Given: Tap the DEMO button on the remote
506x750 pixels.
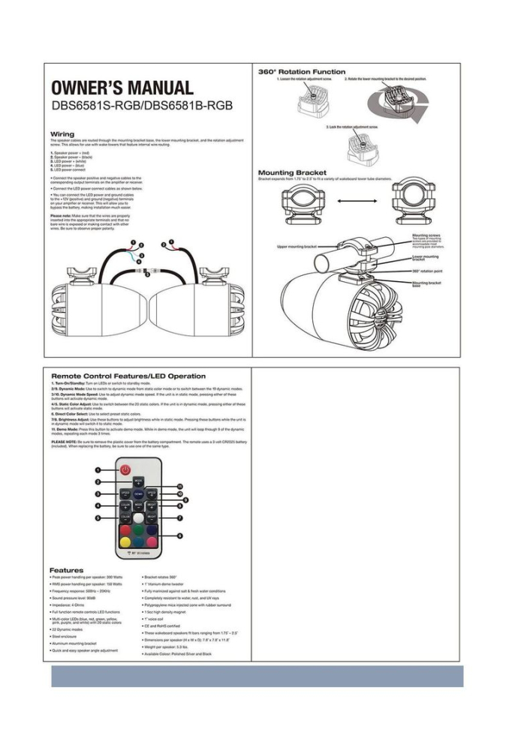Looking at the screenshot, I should (x=139, y=494).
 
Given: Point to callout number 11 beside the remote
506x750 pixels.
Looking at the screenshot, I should (x=179, y=486).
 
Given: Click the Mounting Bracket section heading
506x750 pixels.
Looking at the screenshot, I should (x=287, y=173).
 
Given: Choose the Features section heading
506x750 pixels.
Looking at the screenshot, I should (x=67, y=570).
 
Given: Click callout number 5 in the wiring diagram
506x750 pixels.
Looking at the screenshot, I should (x=147, y=274).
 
